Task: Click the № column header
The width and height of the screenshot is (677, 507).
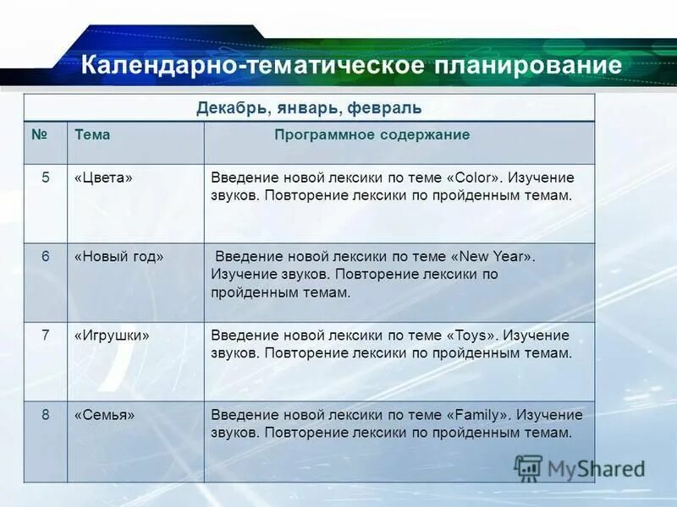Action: (x=38, y=134)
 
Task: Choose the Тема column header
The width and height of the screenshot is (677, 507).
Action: (x=92, y=134)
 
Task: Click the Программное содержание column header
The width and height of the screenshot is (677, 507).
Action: (x=372, y=134)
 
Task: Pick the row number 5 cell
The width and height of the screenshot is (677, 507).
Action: (x=47, y=177)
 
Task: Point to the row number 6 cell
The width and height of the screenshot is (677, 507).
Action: (x=47, y=256)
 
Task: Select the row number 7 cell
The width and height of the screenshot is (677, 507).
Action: (x=47, y=335)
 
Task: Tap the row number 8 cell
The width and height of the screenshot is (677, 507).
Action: (x=47, y=414)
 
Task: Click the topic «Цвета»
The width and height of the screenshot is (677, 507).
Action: (x=105, y=177)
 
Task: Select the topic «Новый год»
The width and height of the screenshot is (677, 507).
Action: (x=119, y=256)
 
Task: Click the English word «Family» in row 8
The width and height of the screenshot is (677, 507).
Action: (x=480, y=415)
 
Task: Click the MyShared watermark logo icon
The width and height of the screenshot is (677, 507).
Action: (x=529, y=467)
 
